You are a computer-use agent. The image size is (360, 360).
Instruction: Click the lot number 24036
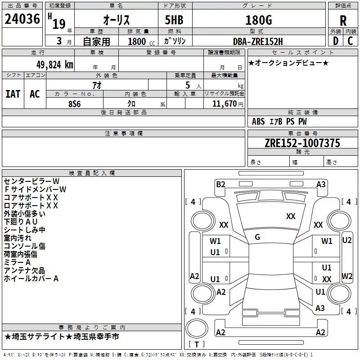22,19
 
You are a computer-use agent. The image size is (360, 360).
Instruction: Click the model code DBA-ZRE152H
258,41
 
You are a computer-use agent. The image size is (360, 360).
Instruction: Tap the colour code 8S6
75,103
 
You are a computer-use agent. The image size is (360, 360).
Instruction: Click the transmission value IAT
13,94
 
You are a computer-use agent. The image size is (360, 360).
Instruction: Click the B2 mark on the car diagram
220,184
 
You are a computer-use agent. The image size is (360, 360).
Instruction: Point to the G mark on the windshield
257,237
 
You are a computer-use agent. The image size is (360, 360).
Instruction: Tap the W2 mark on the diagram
346,276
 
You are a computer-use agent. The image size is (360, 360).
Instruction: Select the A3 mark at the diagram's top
321,184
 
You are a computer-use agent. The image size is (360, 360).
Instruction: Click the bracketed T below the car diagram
196,345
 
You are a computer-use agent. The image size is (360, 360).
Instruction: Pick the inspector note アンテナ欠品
24,270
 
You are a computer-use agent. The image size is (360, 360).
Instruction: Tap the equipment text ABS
259,121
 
